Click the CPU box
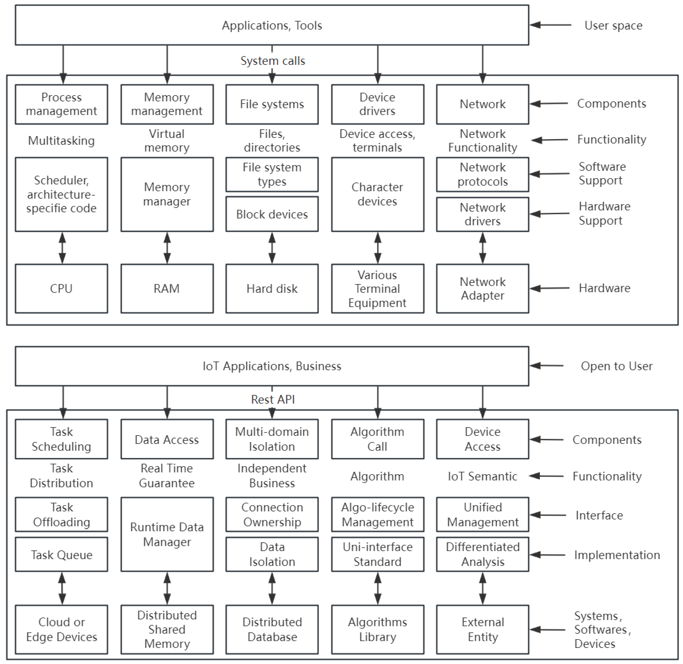tap(61, 288)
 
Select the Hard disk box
tap(272, 288)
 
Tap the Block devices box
tap(272, 214)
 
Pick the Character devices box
tap(377, 194)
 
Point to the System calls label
tap(273, 61)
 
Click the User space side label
tap(613, 26)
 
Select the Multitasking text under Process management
tap(61, 141)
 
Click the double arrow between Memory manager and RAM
tap(167, 248)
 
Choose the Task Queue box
tap(61, 555)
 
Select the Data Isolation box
tap(272, 554)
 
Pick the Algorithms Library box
tap(377, 629)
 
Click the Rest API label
tap(273, 399)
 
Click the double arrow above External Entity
tap(483, 589)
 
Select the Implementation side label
tap(617, 555)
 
